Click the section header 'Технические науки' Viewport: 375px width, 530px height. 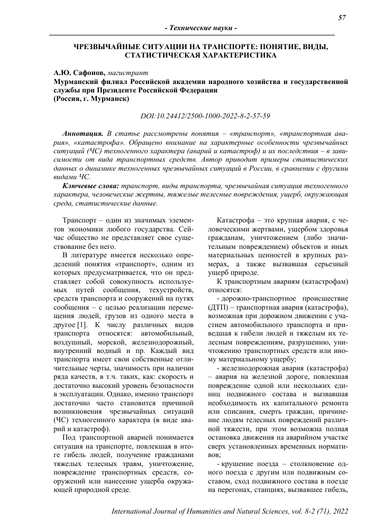click(x=200, y=27)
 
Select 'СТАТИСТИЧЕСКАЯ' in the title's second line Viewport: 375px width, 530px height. click(x=169, y=54)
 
